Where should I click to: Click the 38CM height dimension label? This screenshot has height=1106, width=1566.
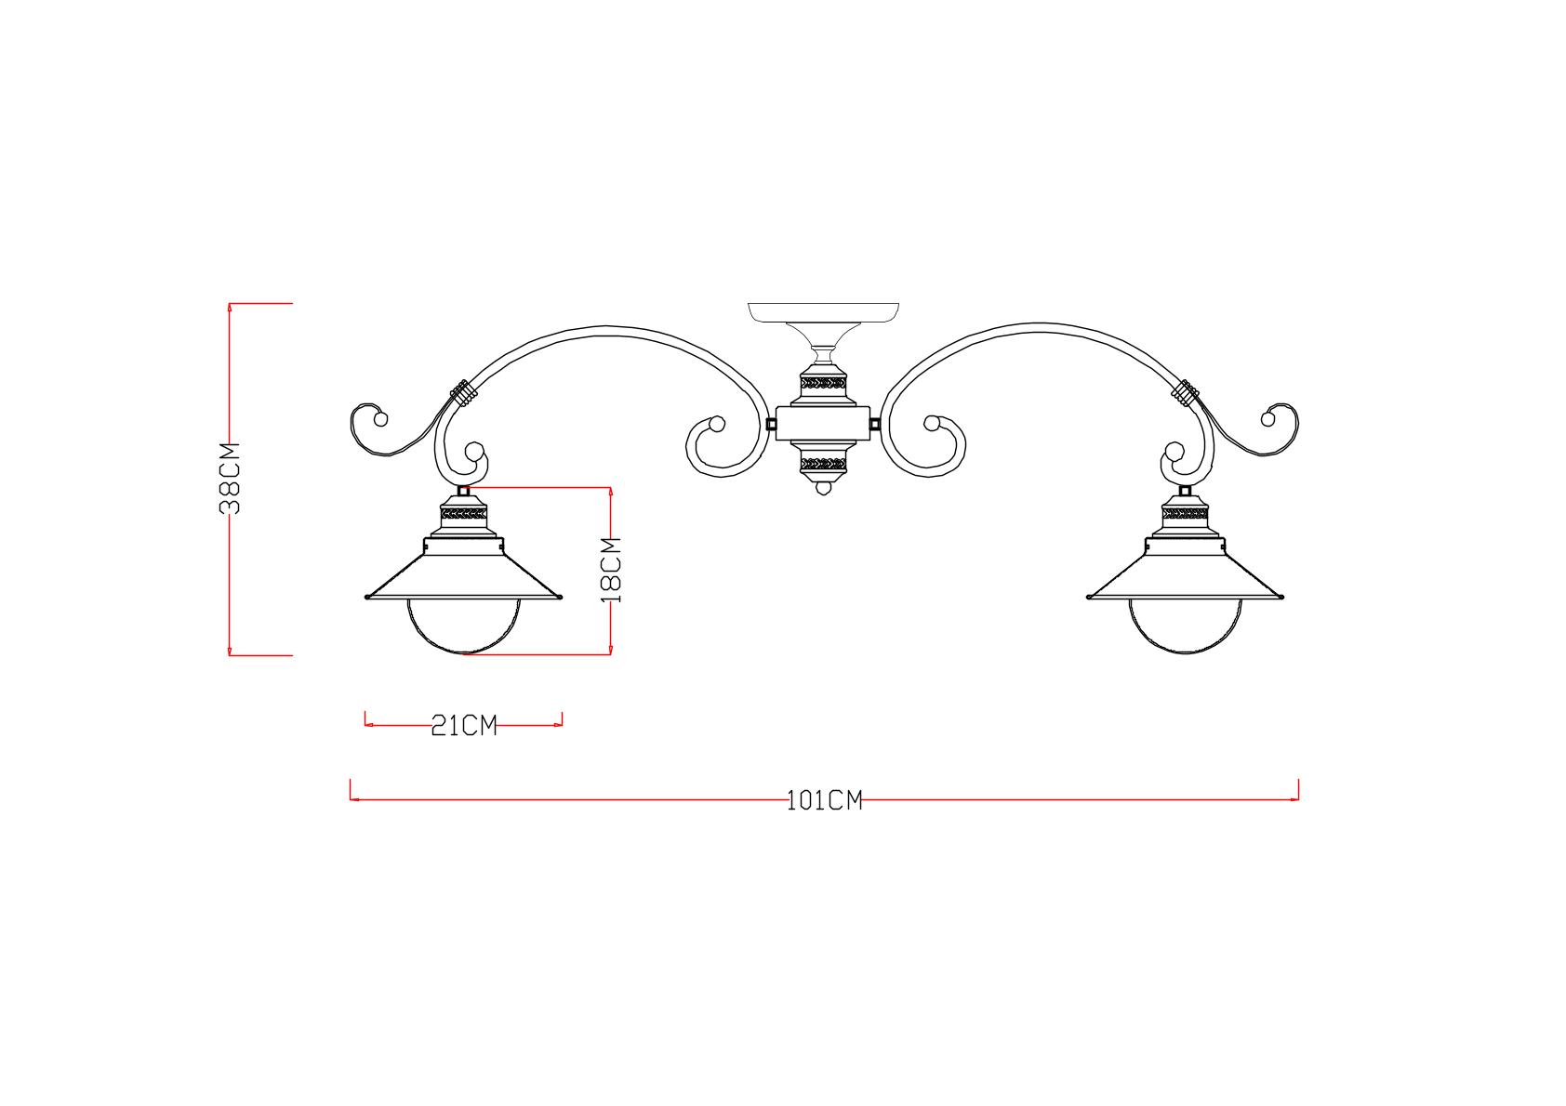click(230, 479)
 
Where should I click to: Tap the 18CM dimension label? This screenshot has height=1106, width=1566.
click(611, 570)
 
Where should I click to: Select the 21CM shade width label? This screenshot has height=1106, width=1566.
click(463, 726)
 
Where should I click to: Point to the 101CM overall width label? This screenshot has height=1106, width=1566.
click(825, 800)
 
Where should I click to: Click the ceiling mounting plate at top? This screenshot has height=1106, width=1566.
click(824, 312)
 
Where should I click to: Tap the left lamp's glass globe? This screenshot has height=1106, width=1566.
click(464, 626)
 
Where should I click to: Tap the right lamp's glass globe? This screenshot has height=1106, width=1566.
click(1185, 626)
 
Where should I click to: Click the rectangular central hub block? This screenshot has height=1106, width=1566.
click(823, 424)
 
